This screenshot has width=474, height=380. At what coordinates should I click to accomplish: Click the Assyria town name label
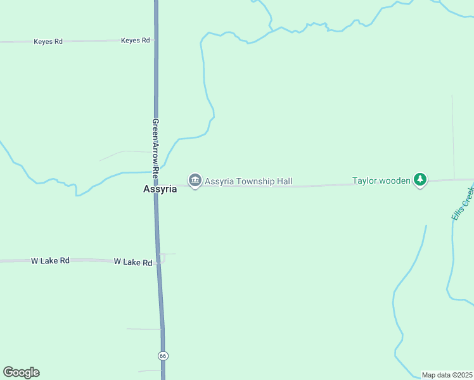pos(160,189)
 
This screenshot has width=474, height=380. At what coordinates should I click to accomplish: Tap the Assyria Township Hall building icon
pos(195,181)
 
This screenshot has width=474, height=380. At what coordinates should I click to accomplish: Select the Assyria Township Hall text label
pos(248,182)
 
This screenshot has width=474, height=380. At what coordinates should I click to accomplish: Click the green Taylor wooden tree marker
pos(420,180)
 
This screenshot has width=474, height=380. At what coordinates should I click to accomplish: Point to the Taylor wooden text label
pos(381,180)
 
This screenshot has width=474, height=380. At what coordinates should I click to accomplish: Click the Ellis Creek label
pos(463,203)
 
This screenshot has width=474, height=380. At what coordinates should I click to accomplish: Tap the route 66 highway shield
pos(163,356)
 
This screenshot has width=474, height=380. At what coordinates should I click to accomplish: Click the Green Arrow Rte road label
pos(155,146)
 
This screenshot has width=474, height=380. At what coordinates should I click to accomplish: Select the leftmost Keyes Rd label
pos(48,42)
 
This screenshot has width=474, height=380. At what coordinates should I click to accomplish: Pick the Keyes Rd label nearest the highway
pos(136,41)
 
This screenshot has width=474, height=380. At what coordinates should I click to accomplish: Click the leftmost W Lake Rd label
pos(50,260)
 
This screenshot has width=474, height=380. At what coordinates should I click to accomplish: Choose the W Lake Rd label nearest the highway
pos(133,262)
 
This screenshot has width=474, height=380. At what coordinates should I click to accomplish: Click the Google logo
pos(21,372)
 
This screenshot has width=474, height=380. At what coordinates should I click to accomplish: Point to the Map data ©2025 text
pos(447,375)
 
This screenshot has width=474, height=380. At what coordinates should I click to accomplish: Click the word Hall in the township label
pos(284,182)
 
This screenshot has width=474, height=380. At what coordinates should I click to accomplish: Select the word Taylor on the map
pos(365,180)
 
